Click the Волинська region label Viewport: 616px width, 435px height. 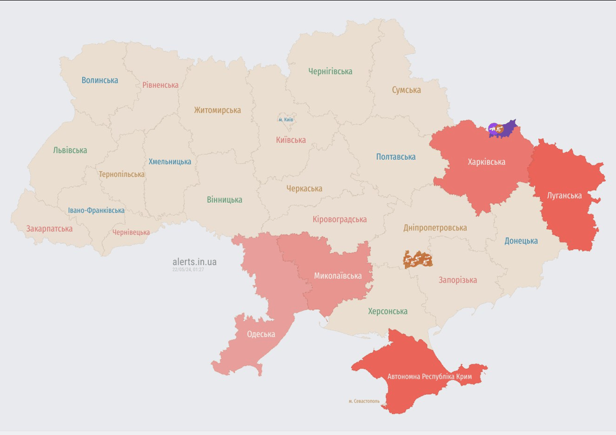pyautogui.click(x=100, y=80)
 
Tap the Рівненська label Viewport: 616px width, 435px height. pyautogui.click(x=161, y=85)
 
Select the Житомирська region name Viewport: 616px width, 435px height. pyautogui.click(x=217, y=110)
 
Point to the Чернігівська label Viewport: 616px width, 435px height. pyautogui.click(x=330, y=71)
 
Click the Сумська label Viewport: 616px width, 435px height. pyautogui.click(x=406, y=90)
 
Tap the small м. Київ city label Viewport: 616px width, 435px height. pyautogui.click(x=286, y=120)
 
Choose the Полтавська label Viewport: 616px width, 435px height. pyautogui.click(x=396, y=157)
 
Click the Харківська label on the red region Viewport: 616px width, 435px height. pyautogui.click(x=486, y=162)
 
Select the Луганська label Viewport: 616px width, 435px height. pyautogui.click(x=564, y=195)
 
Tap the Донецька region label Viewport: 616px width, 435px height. pyautogui.click(x=521, y=241)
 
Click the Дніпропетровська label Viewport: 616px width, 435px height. pyautogui.click(x=435, y=228)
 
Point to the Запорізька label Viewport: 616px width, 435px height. pyautogui.click(x=458, y=280)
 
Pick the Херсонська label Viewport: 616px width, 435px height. pyautogui.click(x=387, y=311)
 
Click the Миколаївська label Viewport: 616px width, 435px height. pyautogui.click(x=338, y=276)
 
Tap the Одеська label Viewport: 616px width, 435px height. pyautogui.click(x=261, y=334)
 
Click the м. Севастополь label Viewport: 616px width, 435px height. pyautogui.click(x=364, y=401)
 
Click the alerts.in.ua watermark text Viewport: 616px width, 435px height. pyautogui.click(x=195, y=262)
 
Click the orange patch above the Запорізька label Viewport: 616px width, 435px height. pyautogui.click(x=418, y=259)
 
